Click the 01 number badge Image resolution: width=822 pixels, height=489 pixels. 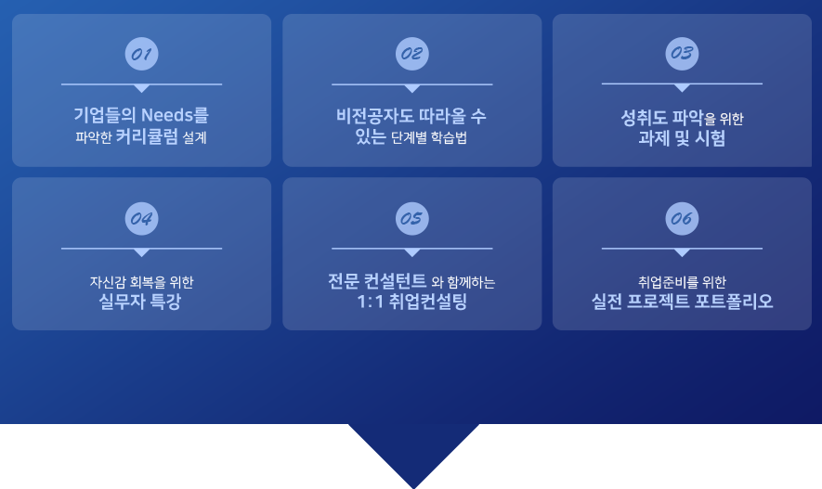pos(141,53)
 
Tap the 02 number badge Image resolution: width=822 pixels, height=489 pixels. pos(411,53)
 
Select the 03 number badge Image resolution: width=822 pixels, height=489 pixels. pos(682,53)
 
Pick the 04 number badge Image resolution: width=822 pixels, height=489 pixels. pos(141,219)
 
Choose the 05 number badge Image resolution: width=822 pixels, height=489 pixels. pos(411,219)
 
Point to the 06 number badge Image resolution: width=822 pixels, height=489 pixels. pos(682,219)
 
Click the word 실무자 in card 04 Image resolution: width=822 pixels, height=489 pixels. pos(123,302)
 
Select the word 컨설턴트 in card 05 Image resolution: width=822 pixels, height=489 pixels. pos(389,281)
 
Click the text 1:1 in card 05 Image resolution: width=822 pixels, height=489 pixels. pos(372,302)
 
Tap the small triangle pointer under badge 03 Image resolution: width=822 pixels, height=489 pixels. pos(682,88)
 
